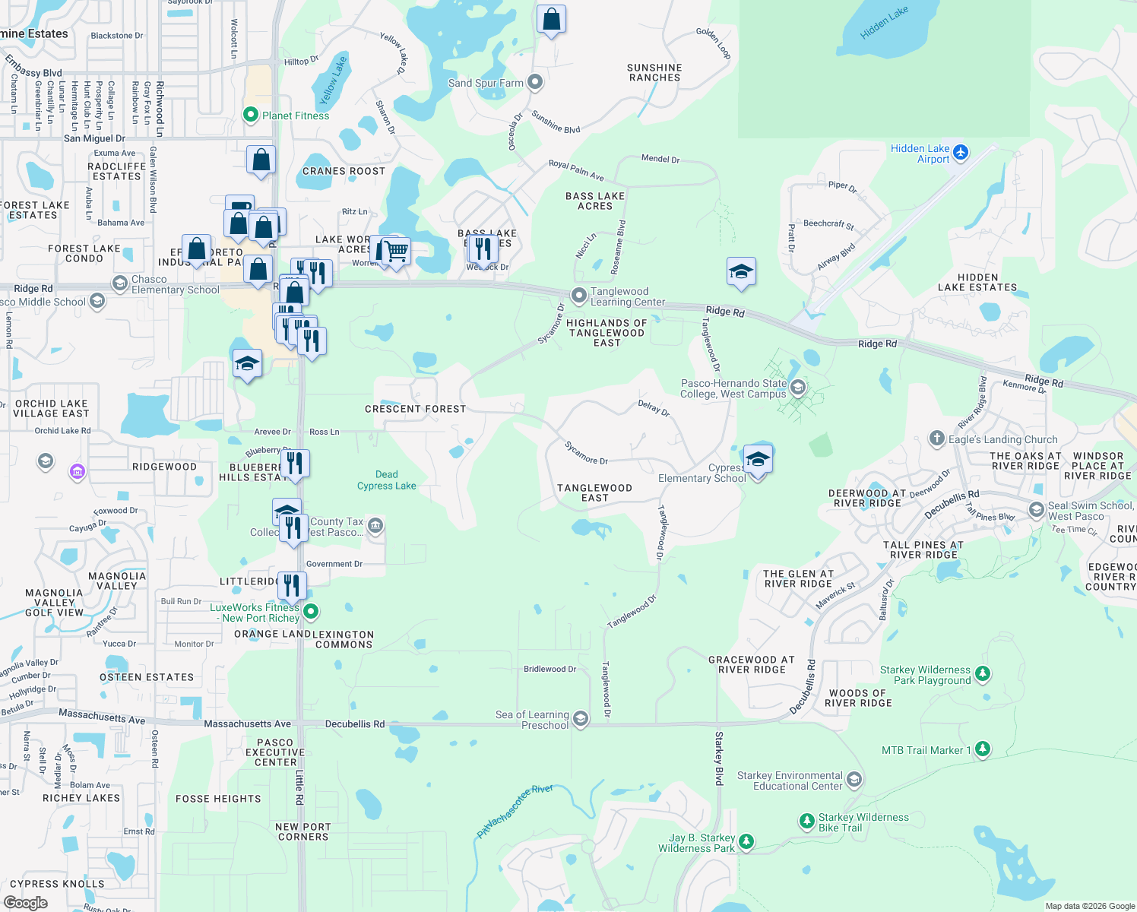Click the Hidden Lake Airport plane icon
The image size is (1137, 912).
[961, 153]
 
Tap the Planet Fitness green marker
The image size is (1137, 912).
[250, 115]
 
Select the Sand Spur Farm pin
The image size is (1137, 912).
[535, 82]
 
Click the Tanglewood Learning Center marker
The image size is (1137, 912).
[579, 295]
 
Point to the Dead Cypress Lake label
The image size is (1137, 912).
[387, 480]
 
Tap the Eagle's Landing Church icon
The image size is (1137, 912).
[937, 439]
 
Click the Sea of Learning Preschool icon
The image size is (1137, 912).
[581, 719]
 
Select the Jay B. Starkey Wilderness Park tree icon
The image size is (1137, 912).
[746, 841]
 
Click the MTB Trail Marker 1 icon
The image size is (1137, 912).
[982, 749]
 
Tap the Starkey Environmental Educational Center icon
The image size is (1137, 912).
[854, 780]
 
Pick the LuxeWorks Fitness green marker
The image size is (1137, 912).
[311, 611]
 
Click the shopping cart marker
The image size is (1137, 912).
[396, 250]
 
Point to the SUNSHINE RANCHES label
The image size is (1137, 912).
[654, 72]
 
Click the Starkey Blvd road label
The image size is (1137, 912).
[719, 758]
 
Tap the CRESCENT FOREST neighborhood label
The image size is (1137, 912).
[415, 409]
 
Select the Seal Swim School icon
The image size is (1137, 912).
[1036, 509]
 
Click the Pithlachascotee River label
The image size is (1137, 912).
[515, 812]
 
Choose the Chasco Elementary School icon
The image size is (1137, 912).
[120, 283]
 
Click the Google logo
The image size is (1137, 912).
[26, 902]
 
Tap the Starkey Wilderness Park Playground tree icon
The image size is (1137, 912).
[983, 673]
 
